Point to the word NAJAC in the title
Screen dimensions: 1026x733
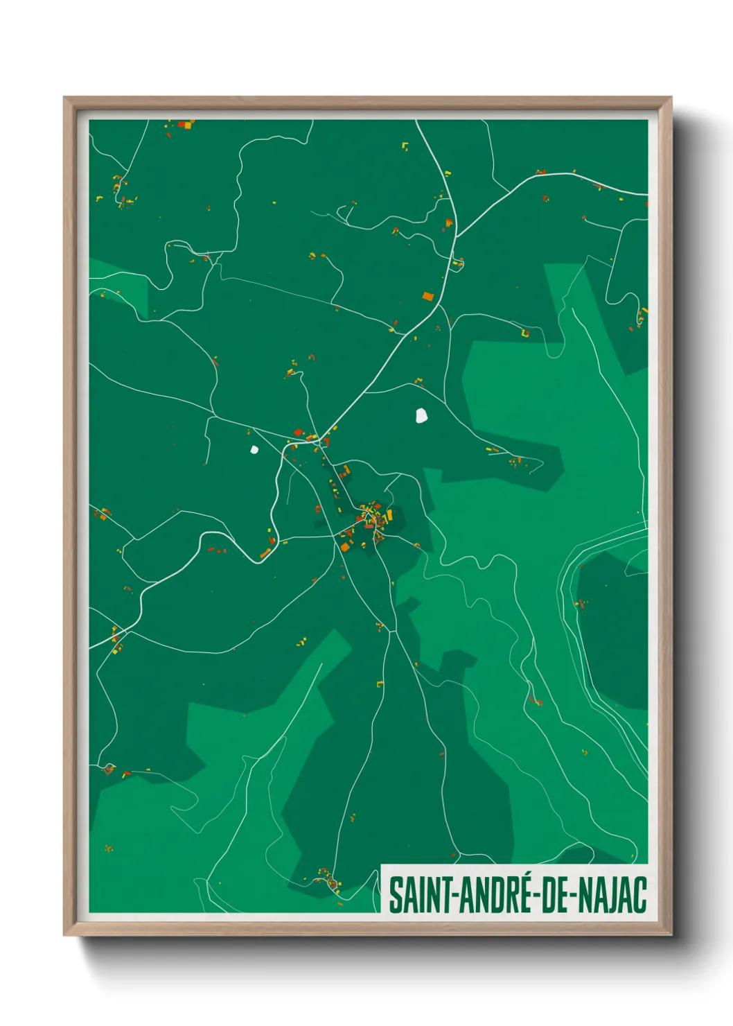tap(612, 895)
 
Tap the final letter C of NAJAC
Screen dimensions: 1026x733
tap(640, 895)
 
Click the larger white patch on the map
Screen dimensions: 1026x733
tap(421, 415)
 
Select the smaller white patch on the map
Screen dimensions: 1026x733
tap(254, 449)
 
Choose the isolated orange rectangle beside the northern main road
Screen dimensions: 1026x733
tap(428, 296)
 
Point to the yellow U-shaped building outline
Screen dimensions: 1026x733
tap(525, 333)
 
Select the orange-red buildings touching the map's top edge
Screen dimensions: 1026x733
tap(185, 124)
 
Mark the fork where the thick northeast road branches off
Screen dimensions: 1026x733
tap(457, 236)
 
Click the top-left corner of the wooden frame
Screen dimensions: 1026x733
tap(64, 98)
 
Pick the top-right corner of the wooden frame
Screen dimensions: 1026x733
tap(671, 98)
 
